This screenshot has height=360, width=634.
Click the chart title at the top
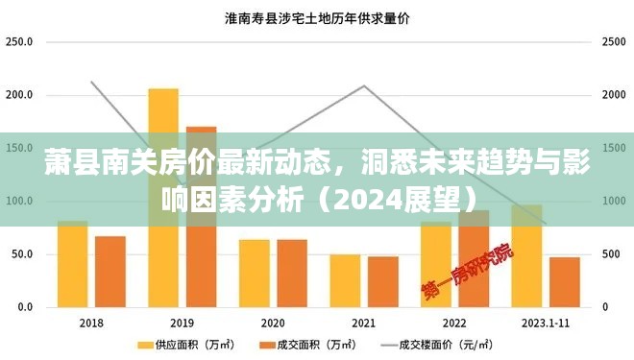(x=318, y=17)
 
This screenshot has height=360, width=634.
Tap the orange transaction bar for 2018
(x=110, y=273)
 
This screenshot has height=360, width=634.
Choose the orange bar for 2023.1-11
(x=565, y=282)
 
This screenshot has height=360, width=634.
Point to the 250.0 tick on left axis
(x=19, y=42)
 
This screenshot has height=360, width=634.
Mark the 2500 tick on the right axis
(x=613, y=42)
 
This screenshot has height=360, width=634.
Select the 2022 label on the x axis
(x=454, y=323)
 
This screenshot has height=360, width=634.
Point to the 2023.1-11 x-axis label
(x=545, y=323)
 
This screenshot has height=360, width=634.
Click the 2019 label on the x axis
(x=182, y=323)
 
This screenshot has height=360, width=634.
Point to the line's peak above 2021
(x=364, y=86)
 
